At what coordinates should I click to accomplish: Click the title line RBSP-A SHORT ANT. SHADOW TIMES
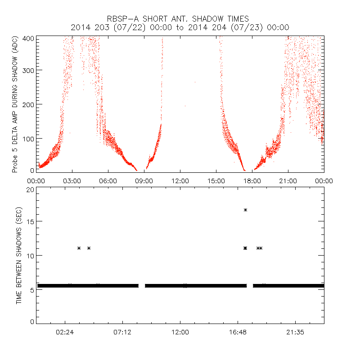tap(180, 18)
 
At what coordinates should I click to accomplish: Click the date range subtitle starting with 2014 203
tap(180, 27)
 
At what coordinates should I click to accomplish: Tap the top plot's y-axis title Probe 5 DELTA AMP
tap(15, 104)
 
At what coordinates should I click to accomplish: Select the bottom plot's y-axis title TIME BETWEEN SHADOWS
tap(19, 256)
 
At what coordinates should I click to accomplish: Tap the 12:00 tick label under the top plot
tap(180, 181)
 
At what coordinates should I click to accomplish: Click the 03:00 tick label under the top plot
tap(72, 181)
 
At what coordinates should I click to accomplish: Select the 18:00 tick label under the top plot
tap(252, 181)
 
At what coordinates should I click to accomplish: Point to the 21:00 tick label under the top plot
tap(288, 181)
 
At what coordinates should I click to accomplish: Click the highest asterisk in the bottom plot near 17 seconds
tap(246, 210)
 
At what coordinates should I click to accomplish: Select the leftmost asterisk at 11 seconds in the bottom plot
tap(79, 248)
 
